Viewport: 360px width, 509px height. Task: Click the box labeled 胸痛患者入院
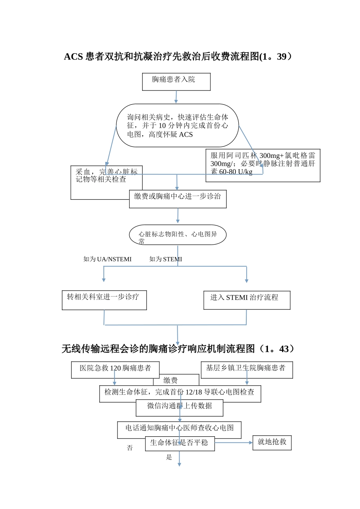pos(176,82)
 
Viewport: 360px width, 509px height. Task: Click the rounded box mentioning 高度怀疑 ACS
pos(177,126)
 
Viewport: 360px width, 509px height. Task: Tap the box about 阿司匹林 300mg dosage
pos(263,165)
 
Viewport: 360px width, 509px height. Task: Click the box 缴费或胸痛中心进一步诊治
pos(178,199)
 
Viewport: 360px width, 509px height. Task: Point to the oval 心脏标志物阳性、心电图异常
pos(178,235)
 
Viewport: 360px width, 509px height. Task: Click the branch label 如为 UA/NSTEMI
pos(107,259)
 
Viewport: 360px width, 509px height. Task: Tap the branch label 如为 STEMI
pos(166,259)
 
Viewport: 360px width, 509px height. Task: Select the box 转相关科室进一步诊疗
pos(104,300)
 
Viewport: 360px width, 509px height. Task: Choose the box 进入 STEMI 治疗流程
pos(247,300)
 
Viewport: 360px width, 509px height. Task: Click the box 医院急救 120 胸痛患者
pos(115,370)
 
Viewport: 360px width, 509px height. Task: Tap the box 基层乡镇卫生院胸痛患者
pos(247,370)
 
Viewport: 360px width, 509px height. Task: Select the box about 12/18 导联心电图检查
pos(180,393)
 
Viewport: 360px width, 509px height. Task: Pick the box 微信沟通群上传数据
pos(179,408)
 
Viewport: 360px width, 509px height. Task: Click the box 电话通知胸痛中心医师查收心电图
pos(179,429)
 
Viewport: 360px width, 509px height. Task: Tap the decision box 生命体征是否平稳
pos(180,443)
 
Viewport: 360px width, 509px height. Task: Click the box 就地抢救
pos(272,442)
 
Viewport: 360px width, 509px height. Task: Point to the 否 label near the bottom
pos(130,448)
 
